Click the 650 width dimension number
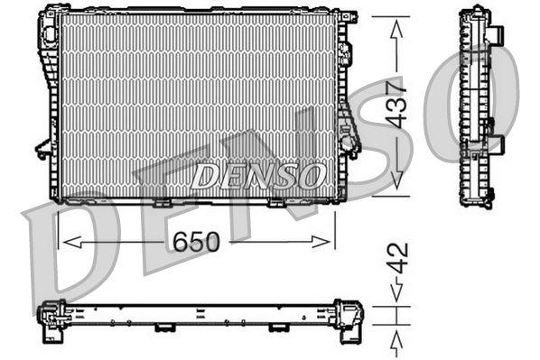(x=196, y=241)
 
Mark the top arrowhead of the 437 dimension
(x=396, y=27)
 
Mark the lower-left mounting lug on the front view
(x=42, y=148)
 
